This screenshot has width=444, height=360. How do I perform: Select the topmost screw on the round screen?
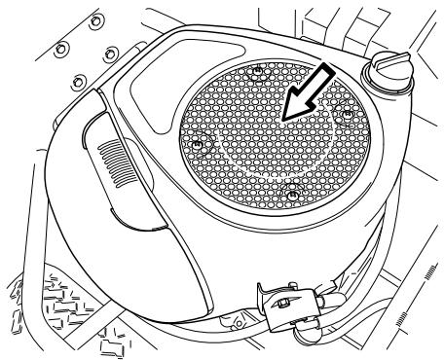257,71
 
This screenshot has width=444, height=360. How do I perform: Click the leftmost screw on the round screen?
197,145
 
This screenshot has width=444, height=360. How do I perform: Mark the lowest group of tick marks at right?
404,321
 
